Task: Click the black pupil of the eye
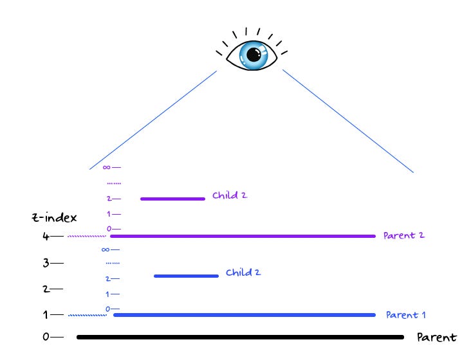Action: (x=251, y=56)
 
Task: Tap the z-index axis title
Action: (x=53, y=217)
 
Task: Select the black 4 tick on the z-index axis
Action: (x=46, y=237)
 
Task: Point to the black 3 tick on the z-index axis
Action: (x=46, y=263)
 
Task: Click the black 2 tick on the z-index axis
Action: (x=46, y=289)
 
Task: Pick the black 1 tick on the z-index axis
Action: (x=46, y=315)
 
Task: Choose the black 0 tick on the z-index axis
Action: (x=46, y=337)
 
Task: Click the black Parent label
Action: (x=436, y=337)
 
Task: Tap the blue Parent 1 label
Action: (x=405, y=315)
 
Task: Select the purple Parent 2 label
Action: (x=403, y=235)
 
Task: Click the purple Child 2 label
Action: (x=230, y=195)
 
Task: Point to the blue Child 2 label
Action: (x=243, y=273)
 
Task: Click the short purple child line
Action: (x=172, y=199)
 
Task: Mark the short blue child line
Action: (x=186, y=276)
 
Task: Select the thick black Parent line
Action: (x=239, y=337)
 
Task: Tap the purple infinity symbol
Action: (x=106, y=168)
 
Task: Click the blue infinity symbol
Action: (x=106, y=249)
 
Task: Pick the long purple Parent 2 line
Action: (x=242, y=237)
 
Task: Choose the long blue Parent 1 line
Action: (x=244, y=315)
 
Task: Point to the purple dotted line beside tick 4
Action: (x=86, y=237)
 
